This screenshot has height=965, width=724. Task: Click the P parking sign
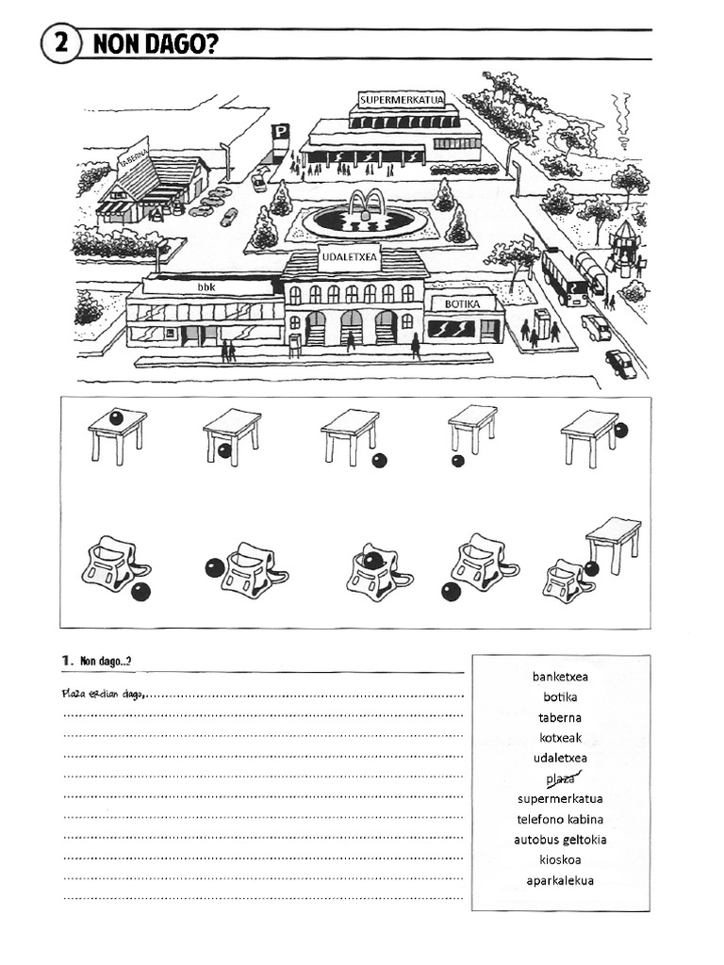[x=280, y=134]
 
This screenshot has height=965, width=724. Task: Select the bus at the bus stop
[x=564, y=275]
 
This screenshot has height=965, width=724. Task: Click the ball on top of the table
[x=114, y=417]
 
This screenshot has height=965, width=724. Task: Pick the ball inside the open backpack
[x=373, y=561]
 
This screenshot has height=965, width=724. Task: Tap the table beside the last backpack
[x=613, y=542]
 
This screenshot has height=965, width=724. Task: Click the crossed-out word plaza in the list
[x=560, y=778]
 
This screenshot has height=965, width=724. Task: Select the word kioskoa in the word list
[x=560, y=859]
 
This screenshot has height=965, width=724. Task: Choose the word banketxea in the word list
[x=560, y=677]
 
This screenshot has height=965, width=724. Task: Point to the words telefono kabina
[x=560, y=819]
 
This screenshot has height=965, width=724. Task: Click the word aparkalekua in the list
[x=560, y=881]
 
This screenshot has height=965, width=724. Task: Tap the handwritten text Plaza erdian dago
[x=104, y=695]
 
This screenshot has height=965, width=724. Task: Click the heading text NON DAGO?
[x=151, y=45]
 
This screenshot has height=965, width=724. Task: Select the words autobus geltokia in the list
[x=560, y=840]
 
